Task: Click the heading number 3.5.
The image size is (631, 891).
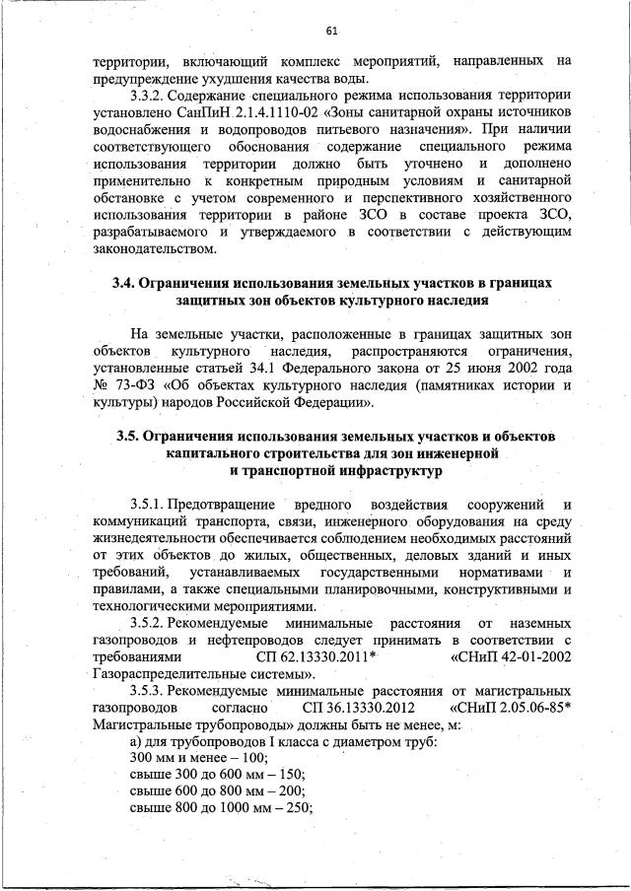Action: pyautogui.click(x=129, y=437)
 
